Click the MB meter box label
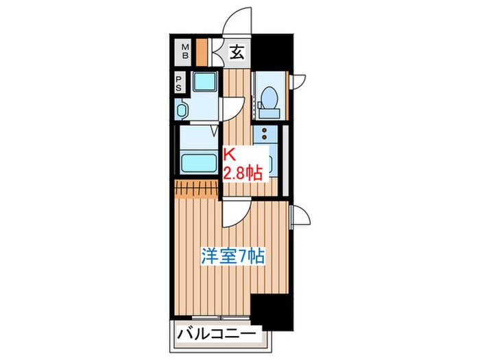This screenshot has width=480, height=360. [184, 52]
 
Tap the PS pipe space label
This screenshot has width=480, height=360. [179, 83]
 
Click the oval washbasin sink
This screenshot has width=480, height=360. [182, 110]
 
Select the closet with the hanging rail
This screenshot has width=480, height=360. [196, 187]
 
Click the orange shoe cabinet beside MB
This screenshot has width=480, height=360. [202, 52]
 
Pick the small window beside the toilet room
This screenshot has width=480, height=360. [299, 80]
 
